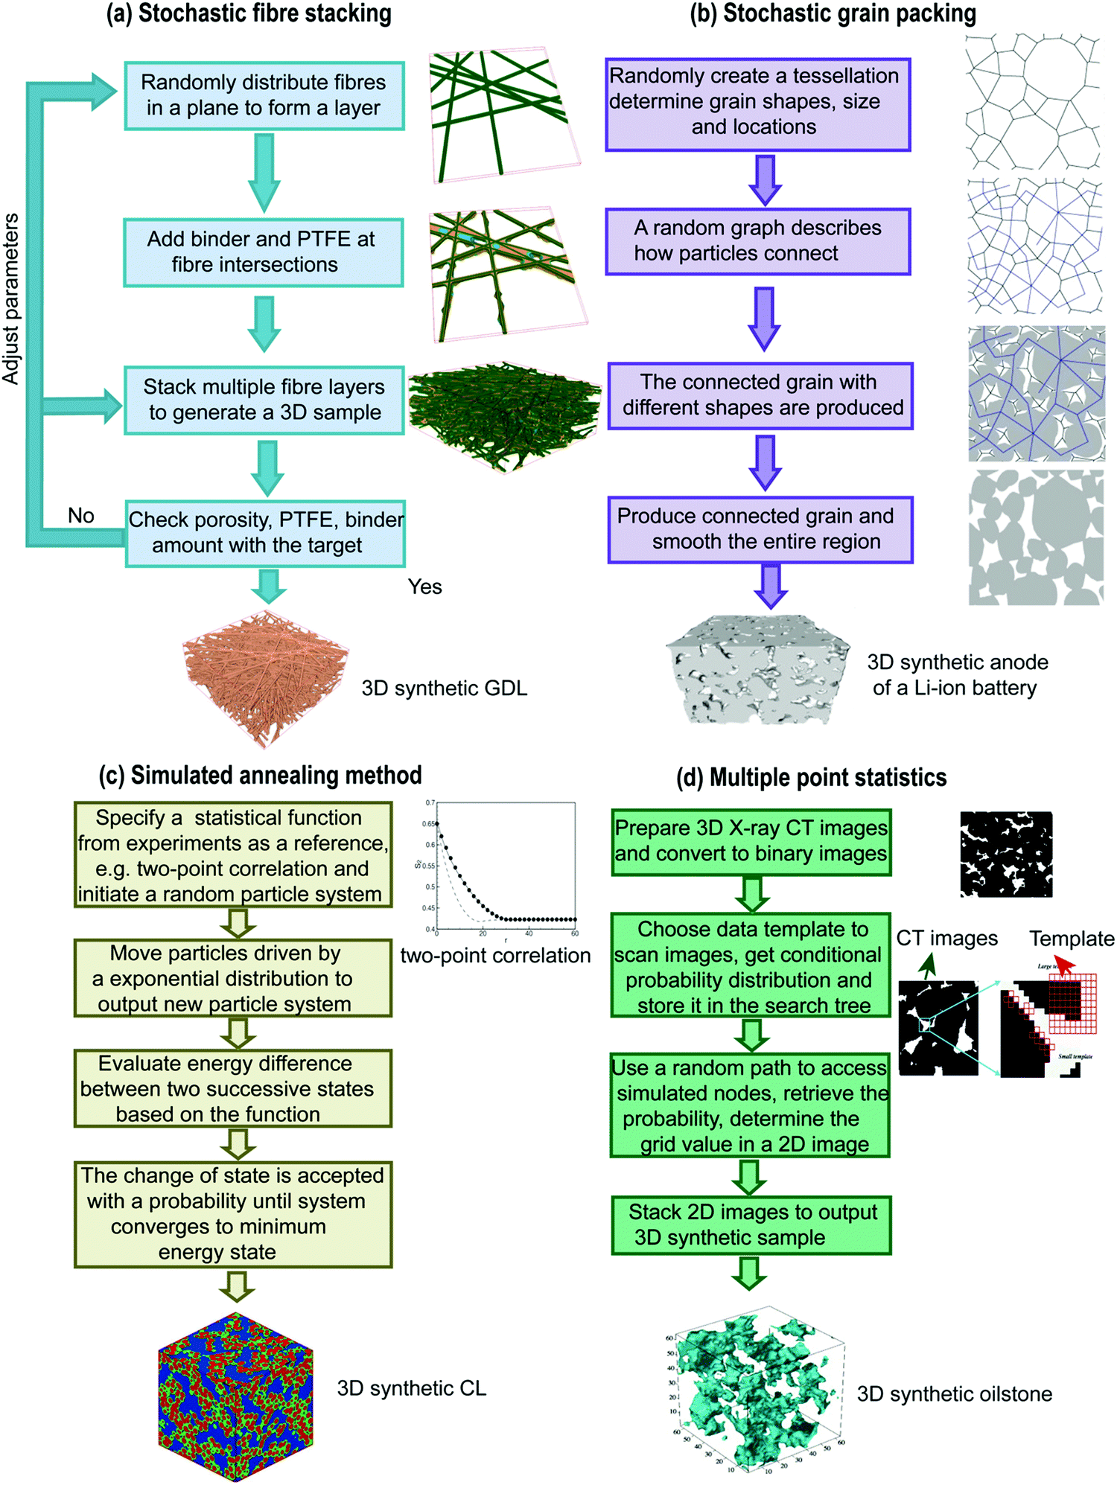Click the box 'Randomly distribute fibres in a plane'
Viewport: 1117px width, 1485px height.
tap(264, 95)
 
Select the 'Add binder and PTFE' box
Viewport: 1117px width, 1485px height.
tap(263, 252)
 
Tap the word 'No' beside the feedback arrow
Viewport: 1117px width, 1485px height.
tap(80, 516)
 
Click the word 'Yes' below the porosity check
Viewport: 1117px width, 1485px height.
tap(424, 587)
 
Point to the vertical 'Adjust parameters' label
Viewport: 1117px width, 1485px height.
tap(10, 298)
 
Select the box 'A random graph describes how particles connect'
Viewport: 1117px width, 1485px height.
tap(758, 241)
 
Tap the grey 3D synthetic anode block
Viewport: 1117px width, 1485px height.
tap(757, 668)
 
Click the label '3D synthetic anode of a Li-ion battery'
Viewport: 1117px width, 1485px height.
tap(956, 675)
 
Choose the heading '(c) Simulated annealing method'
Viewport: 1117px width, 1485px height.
tap(260, 776)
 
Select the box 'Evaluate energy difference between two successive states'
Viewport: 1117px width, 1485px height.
tap(233, 1088)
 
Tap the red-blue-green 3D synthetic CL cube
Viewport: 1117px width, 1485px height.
tap(235, 1396)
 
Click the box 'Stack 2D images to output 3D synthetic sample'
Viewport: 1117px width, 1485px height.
tap(751, 1224)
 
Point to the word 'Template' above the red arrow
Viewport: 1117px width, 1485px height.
tap(1071, 939)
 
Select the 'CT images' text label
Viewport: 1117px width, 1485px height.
tap(946, 938)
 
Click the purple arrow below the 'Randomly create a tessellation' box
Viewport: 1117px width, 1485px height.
tap(766, 179)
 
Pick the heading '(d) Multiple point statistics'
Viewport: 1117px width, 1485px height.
tap(811, 778)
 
